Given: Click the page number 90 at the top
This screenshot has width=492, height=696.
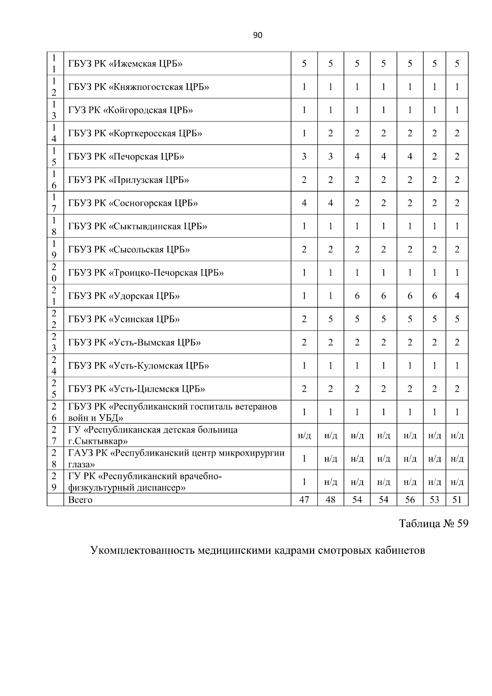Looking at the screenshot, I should tap(257, 35).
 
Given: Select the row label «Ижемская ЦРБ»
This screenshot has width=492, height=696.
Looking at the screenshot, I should tap(125, 64).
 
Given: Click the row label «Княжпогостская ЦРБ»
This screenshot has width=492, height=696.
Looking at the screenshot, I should tap(139, 87).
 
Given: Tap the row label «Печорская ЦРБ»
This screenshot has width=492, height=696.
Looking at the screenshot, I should tap(126, 157).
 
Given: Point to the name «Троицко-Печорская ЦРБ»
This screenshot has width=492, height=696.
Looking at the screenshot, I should tap(146, 273).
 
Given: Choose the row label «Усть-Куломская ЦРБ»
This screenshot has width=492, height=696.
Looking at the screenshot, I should tap(139, 366).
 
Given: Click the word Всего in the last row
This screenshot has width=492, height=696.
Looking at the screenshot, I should tap(80, 500).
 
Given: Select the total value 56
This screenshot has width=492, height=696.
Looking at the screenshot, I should tap(410, 500).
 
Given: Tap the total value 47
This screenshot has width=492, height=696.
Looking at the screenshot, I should tap(304, 500).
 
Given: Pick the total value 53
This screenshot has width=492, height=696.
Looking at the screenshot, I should tap(434, 500).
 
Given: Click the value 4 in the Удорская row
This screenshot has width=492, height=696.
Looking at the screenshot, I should tap(457, 296).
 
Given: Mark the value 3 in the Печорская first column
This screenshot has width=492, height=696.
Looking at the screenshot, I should tap(304, 157).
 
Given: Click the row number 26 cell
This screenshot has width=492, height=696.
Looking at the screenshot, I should tap(54, 412).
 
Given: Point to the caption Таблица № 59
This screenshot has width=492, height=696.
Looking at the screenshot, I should tap(433, 524).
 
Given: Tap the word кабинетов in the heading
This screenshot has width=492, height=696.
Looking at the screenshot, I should tap(400, 550).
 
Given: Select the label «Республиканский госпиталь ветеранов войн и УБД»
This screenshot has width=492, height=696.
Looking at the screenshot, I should tap(172, 412).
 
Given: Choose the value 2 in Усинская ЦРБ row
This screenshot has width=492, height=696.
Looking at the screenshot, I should tap(304, 319).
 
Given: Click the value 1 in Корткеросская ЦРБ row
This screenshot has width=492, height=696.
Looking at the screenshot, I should tap(304, 133).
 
